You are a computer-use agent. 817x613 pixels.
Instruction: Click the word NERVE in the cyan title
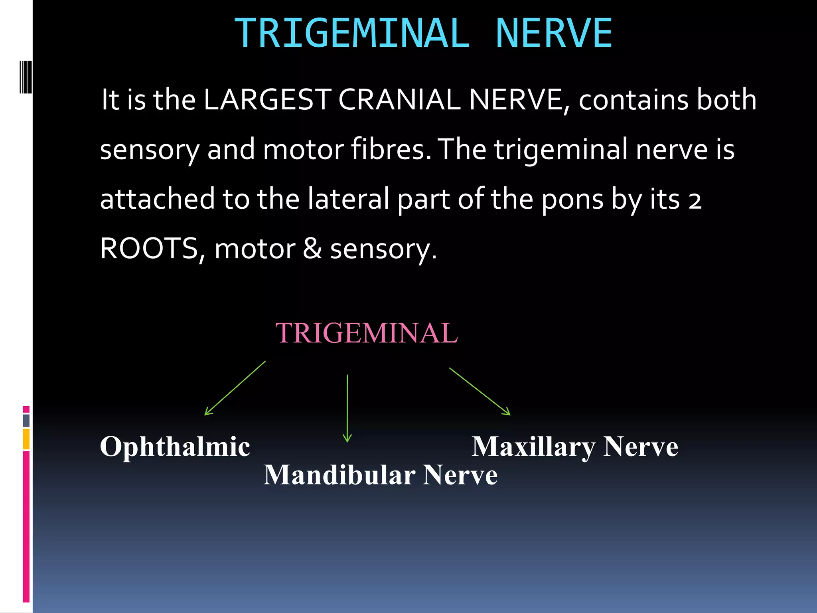click(554, 34)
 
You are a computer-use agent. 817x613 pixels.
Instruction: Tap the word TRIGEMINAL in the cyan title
click(352, 34)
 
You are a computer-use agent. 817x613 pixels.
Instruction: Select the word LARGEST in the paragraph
click(267, 99)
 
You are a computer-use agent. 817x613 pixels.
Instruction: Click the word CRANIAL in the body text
click(399, 99)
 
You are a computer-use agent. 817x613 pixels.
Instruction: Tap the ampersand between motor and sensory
click(312, 249)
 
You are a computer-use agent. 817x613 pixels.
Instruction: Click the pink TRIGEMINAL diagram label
click(367, 333)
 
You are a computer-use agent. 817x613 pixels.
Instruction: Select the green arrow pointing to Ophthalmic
click(235, 388)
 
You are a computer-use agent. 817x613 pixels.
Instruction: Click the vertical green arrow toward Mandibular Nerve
click(347, 408)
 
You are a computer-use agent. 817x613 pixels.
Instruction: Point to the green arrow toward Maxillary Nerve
click(480, 392)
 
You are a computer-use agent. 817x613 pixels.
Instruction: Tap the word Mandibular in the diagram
click(339, 475)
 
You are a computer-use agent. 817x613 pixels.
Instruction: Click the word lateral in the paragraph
click(348, 199)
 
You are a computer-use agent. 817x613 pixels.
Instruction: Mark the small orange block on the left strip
click(26, 439)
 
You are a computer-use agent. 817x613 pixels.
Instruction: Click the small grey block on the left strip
click(26, 420)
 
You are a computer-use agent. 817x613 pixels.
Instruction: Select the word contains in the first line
click(633, 99)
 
